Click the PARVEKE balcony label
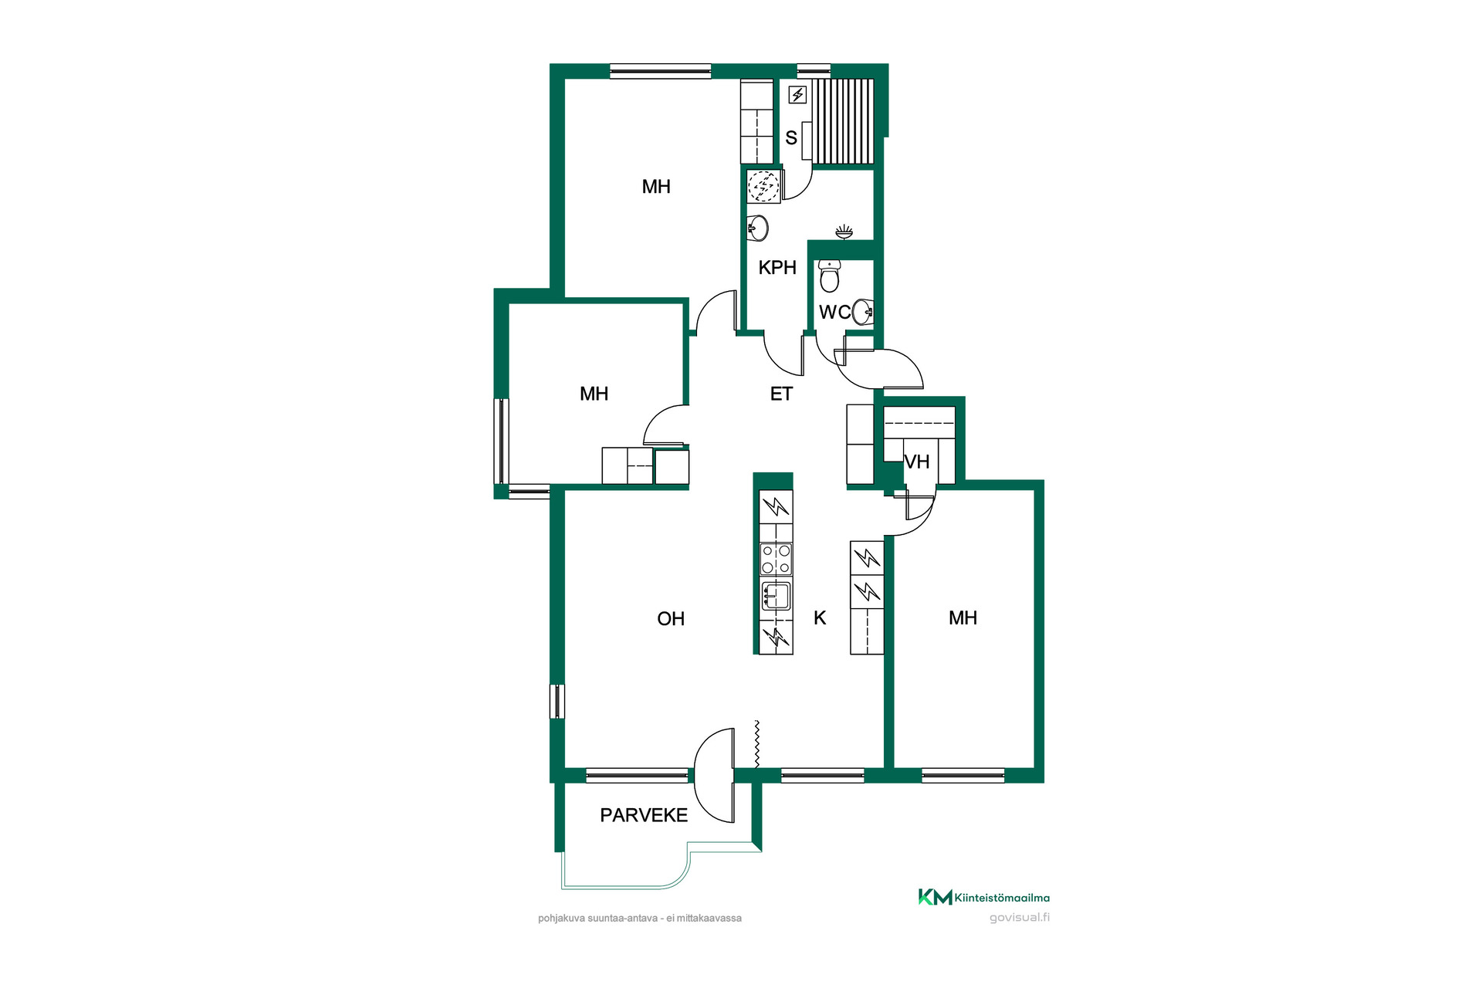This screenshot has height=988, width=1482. (644, 815)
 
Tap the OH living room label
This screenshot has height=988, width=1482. (671, 618)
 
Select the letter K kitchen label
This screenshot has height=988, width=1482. (820, 617)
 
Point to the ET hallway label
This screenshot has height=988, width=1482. (781, 394)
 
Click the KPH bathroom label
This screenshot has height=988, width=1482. (777, 267)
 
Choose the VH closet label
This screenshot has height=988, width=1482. (917, 462)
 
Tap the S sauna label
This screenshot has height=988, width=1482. (791, 137)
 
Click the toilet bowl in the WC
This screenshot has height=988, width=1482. (830, 276)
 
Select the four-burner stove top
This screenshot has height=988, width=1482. (776, 559)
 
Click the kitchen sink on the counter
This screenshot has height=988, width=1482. (776, 597)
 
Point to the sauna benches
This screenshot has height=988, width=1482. (843, 121)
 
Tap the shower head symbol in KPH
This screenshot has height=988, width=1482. (844, 231)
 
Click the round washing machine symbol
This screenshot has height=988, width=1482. (763, 186)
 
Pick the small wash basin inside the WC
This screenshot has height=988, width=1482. (864, 312)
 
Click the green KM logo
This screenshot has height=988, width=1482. (935, 897)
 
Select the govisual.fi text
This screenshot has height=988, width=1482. (1020, 917)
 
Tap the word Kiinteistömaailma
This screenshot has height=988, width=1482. (1002, 898)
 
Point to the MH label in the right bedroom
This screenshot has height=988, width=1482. (963, 617)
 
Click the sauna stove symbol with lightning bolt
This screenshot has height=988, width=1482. (797, 95)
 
